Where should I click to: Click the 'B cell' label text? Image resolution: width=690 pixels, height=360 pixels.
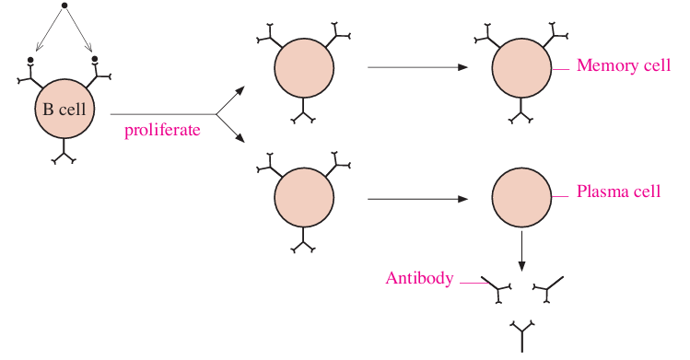pyautogui.click(x=64, y=109)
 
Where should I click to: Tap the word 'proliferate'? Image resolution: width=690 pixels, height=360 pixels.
pyautogui.click(x=162, y=130)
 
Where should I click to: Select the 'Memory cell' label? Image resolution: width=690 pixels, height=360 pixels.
pyautogui.click(x=624, y=65)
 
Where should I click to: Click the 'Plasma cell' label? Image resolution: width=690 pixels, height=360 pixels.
pyautogui.click(x=619, y=192)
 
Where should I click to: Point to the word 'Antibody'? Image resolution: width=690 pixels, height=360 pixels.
pyautogui.click(x=419, y=278)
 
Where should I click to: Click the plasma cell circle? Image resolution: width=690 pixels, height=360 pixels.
pyautogui.click(x=521, y=197)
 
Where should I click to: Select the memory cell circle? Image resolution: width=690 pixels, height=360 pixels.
pyautogui.click(x=521, y=68)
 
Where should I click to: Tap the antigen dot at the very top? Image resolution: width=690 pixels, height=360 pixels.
pyautogui.click(x=64, y=6)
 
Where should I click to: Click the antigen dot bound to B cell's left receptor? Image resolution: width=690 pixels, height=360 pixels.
pyautogui.click(x=29, y=60)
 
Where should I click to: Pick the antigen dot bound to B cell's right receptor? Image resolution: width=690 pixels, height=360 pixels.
pyautogui.click(x=95, y=58)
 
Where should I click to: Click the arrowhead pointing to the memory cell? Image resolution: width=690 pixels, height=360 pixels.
pyautogui.click(x=462, y=67)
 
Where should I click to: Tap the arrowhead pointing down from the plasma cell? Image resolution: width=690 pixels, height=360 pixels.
pyautogui.click(x=521, y=266)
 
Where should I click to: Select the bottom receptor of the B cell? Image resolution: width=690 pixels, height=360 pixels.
pyautogui.click(x=64, y=153)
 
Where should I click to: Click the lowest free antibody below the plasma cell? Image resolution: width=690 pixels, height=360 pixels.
pyautogui.click(x=522, y=336)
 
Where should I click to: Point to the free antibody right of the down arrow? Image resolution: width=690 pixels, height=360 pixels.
pyautogui.click(x=547, y=289)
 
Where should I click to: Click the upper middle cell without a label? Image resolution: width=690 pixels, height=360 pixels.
pyautogui.click(x=304, y=68)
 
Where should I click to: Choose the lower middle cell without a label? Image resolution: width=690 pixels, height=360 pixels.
pyautogui.click(x=304, y=197)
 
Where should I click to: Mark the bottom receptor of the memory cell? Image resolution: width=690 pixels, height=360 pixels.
pyautogui.click(x=521, y=111)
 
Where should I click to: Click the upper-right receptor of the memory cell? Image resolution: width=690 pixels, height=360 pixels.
pyautogui.click(x=555, y=35)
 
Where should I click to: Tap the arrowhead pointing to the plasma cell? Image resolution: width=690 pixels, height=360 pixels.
pyautogui.click(x=462, y=199)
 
